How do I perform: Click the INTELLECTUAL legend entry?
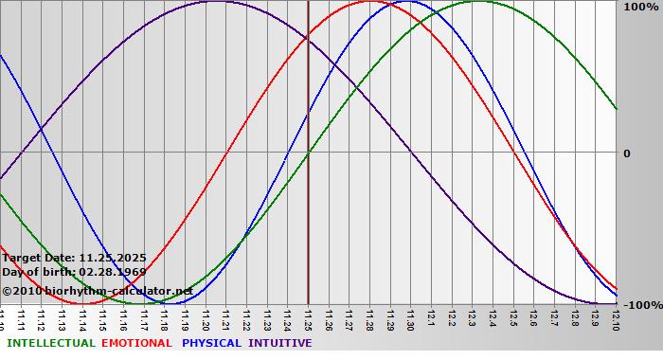50,343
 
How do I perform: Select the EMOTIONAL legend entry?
136,343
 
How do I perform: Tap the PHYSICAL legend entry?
212,343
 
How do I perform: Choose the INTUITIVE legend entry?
279,343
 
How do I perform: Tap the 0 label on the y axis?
626,153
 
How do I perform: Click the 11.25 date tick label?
308,318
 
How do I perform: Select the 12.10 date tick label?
617,318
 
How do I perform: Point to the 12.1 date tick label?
431,318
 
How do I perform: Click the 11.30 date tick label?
410,318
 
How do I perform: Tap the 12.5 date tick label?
513,318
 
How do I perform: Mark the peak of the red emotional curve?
369,1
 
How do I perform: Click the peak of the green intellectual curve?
478,1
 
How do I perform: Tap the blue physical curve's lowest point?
179,303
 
